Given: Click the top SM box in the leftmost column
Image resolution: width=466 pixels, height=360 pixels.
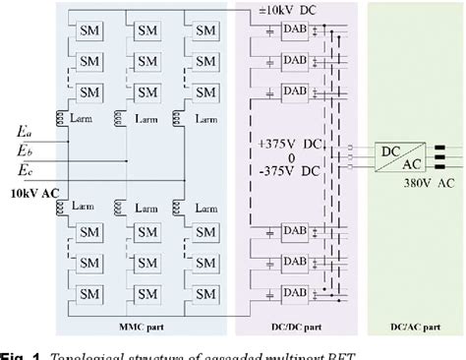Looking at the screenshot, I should pyautogui.click(x=89, y=30).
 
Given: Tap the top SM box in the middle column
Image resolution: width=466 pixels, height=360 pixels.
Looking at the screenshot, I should pyautogui.click(x=147, y=30).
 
